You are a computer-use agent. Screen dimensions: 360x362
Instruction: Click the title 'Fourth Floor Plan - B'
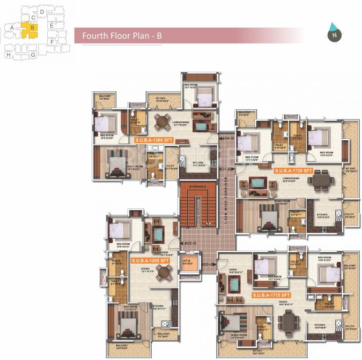point(122,36)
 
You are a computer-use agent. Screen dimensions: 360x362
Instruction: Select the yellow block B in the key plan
point(32,28)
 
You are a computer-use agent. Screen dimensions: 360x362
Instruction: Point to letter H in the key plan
point(8,55)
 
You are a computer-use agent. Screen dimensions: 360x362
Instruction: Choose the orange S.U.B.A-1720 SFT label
point(293,171)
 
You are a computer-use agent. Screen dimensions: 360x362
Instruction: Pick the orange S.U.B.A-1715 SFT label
point(271,295)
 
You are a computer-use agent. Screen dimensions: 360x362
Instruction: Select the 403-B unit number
point(190,243)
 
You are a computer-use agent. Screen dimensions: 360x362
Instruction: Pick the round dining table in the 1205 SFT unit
point(163,271)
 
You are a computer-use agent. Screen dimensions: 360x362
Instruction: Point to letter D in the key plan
point(42,11)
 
